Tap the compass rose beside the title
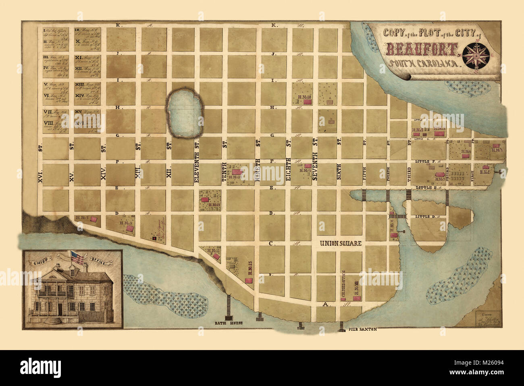pos(476,54)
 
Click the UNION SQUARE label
pos(341,243)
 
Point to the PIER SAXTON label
pos(363,329)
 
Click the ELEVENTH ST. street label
pos(197,161)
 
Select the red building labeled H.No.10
pos(308,102)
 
